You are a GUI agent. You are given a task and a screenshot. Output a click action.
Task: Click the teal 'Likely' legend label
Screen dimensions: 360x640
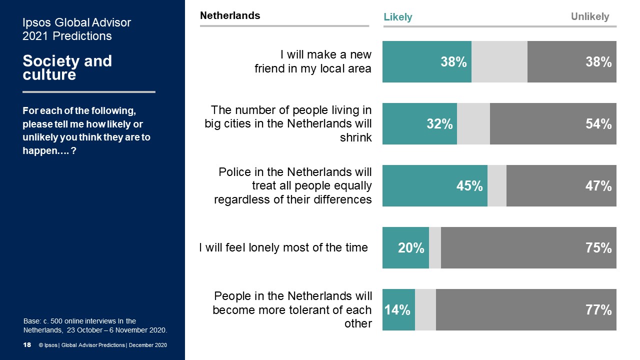(x=398, y=17)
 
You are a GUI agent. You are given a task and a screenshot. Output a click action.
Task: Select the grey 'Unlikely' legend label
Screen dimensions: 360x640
(x=590, y=17)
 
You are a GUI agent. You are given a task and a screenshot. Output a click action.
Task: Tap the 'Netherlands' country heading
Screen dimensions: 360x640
(x=230, y=15)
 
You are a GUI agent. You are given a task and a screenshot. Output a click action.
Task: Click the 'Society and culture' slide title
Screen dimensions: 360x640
(x=67, y=68)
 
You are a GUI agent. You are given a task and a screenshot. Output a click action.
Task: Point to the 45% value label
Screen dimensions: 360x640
(x=469, y=186)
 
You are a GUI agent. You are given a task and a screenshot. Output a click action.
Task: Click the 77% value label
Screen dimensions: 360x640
(x=599, y=310)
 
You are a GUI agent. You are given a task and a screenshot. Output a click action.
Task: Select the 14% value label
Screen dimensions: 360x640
(x=397, y=310)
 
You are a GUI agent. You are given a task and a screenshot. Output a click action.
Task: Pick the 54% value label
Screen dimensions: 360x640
(x=599, y=124)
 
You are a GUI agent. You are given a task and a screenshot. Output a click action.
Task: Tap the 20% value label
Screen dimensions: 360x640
(x=411, y=248)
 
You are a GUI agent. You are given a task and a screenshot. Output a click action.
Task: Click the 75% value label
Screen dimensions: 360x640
(x=599, y=248)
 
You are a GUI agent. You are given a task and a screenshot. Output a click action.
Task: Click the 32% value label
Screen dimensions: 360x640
(x=439, y=124)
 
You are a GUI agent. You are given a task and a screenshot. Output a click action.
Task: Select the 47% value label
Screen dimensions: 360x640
(x=599, y=186)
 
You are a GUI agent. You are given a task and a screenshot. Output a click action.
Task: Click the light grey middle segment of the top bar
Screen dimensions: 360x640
(x=499, y=62)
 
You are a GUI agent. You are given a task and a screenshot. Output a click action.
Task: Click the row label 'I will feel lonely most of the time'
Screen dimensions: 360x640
(x=283, y=247)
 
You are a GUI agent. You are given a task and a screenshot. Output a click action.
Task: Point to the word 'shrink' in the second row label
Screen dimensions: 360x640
(x=356, y=137)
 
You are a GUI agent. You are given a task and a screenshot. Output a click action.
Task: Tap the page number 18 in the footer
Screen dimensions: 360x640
(x=27, y=345)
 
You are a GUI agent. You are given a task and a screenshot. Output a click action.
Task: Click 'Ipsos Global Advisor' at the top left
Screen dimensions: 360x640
(x=76, y=22)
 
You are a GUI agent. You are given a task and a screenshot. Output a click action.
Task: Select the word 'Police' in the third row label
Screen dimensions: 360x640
(x=234, y=172)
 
